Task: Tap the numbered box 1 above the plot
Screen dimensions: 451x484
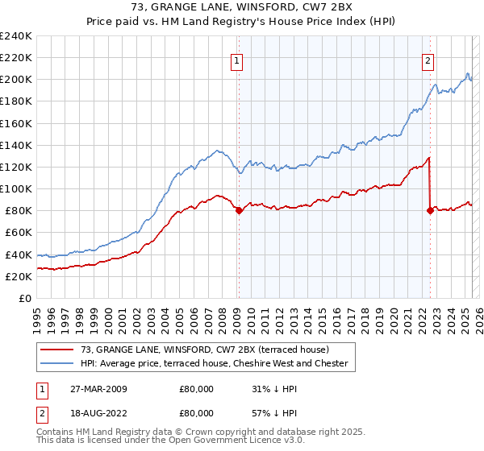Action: click(237, 60)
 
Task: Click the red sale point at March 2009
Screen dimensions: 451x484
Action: click(239, 211)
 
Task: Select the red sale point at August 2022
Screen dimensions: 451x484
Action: click(430, 211)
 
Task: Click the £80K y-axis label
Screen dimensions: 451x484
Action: click(19, 211)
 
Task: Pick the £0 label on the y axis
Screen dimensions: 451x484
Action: click(25, 298)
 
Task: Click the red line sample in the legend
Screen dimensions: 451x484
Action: click(57, 350)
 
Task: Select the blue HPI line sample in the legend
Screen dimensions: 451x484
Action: click(57, 364)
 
